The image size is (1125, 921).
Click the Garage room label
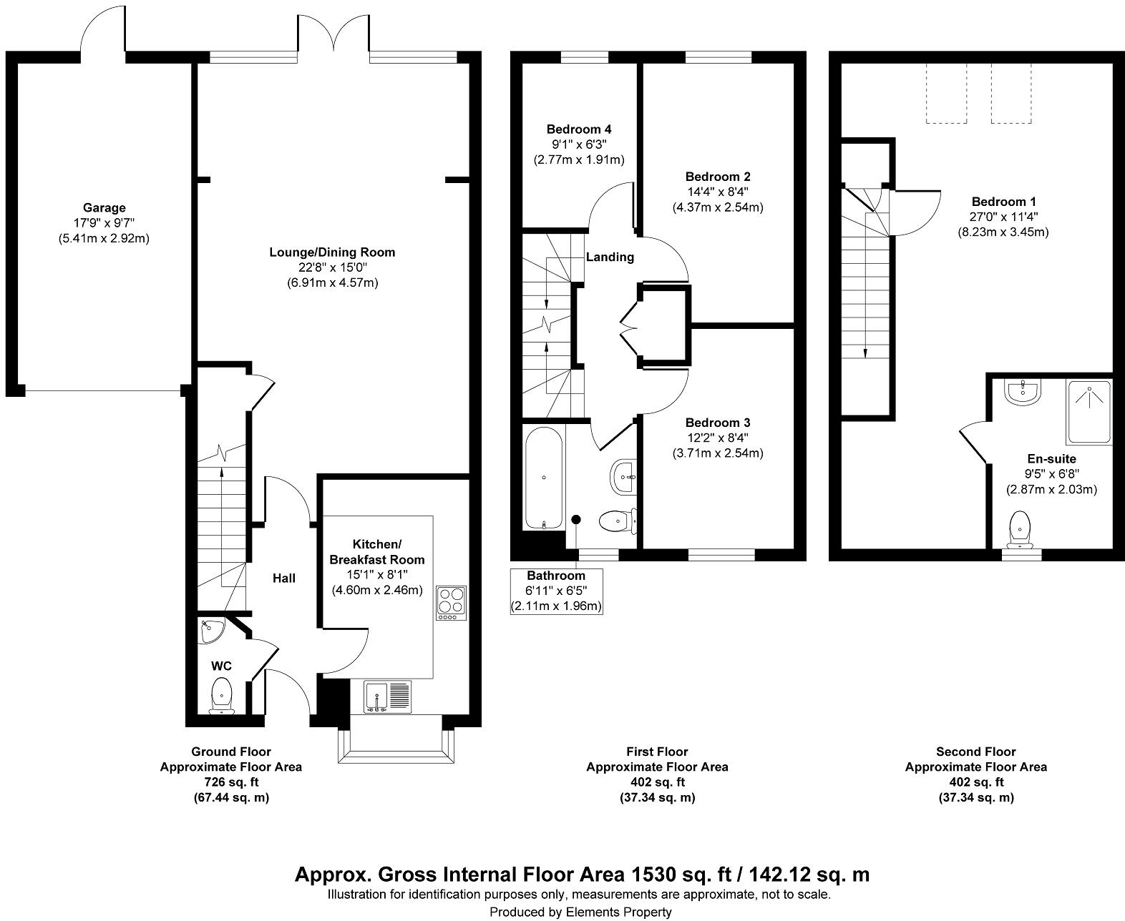click(104, 208)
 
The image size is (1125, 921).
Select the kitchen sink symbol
click(387, 696)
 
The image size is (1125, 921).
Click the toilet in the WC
click(222, 695)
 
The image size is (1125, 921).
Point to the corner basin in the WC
click(211, 630)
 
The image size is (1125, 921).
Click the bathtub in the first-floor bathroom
click(544, 478)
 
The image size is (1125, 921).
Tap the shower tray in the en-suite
click(1089, 413)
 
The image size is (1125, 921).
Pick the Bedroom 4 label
click(578, 129)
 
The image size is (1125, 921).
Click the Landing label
click(610, 257)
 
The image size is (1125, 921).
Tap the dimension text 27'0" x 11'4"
click(1003, 217)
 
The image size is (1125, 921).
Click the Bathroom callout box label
click(556, 576)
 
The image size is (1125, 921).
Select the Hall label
click(284, 578)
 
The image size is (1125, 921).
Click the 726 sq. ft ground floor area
click(230, 782)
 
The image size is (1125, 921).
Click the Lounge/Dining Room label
click(332, 252)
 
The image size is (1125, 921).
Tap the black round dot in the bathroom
click(575, 520)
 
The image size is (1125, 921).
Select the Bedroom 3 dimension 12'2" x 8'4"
click(717, 438)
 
